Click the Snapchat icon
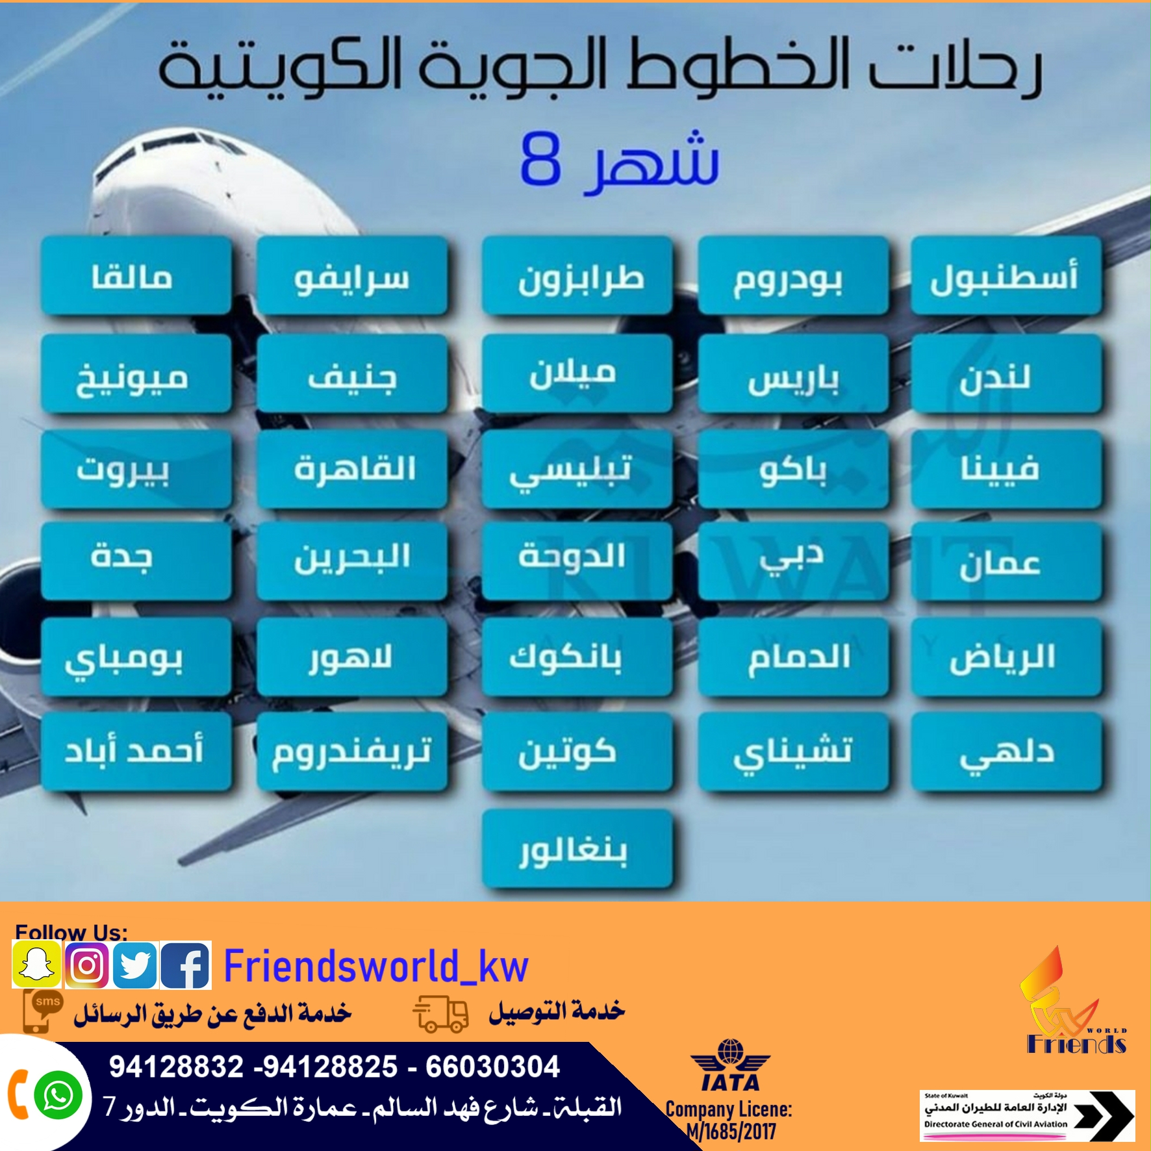point(37,965)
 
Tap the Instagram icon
point(87,965)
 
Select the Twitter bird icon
point(135,965)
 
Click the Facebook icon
point(185,965)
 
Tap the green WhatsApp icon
point(58,1095)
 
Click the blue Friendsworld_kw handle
point(376,966)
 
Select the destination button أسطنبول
point(1006,276)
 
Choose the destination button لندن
point(1006,374)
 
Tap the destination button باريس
point(793,374)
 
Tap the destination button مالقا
point(136,276)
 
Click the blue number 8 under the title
point(540,160)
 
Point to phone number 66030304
point(492,1067)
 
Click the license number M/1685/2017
point(731,1132)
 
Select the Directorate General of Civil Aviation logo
point(1027,1115)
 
